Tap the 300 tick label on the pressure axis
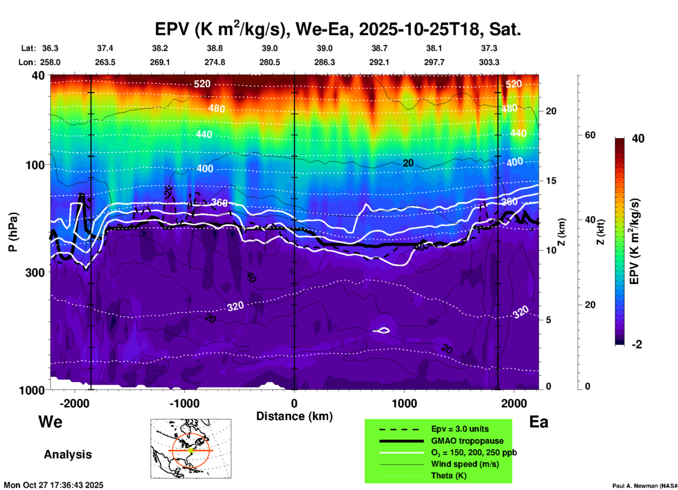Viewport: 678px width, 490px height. [35, 272]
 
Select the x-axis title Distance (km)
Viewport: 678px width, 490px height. [294, 416]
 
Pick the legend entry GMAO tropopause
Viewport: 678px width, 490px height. [467, 441]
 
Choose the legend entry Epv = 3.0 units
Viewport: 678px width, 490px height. [460, 429]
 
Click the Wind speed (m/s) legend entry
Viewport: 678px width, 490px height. [465, 464]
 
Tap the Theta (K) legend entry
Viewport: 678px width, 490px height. [449, 476]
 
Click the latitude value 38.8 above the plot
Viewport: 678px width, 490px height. [215, 48]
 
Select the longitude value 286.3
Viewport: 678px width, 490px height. [325, 62]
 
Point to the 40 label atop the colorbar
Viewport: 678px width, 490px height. [638, 138]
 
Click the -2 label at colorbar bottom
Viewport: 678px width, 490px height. [636, 344]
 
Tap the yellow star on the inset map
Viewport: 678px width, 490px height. [191, 450]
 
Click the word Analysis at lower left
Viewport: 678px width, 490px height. [68, 454]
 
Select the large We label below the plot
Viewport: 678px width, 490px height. [50, 421]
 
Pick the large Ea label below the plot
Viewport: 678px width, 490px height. [539, 422]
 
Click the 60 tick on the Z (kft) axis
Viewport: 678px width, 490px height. [590, 135]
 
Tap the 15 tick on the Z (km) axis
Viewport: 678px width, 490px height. [551, 181]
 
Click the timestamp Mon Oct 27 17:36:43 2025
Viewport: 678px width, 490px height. [54, 485]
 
